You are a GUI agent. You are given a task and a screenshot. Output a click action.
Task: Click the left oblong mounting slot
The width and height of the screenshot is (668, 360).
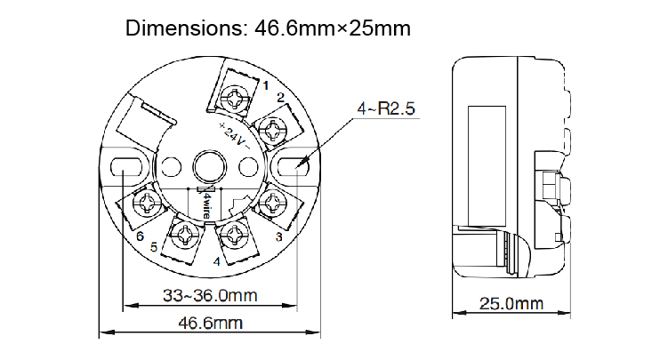124,165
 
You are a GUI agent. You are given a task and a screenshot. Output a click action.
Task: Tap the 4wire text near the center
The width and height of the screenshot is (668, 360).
205,203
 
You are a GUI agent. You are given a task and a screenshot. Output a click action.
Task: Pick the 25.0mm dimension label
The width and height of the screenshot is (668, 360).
511,303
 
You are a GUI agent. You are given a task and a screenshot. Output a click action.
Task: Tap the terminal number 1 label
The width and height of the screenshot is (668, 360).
265,84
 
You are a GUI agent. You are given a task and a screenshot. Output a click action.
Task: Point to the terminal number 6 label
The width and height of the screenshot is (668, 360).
140,236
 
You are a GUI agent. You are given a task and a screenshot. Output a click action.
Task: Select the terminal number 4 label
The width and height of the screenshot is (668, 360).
216,261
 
